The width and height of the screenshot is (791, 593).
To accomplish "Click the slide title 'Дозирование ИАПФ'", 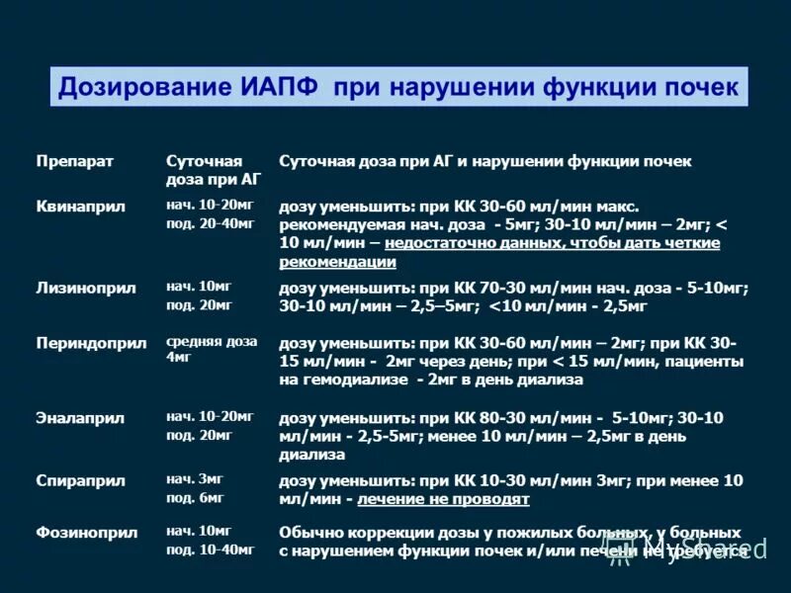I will coord(188,87).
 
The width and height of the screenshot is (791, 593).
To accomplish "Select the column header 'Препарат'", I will coord(75,161).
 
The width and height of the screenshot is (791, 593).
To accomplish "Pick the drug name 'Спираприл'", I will coord(80,481).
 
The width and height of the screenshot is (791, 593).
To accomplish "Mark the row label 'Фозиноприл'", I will coord(86,533).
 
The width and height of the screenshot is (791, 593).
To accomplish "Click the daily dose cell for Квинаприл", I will coord(211,214).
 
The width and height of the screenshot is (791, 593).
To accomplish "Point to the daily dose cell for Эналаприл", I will coord(211,425).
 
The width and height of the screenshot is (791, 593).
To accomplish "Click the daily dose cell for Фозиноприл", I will coord(211,540).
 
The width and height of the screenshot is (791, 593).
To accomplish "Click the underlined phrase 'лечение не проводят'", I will coord(444,499).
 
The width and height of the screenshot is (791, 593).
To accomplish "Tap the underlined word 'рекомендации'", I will coord(338,262).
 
